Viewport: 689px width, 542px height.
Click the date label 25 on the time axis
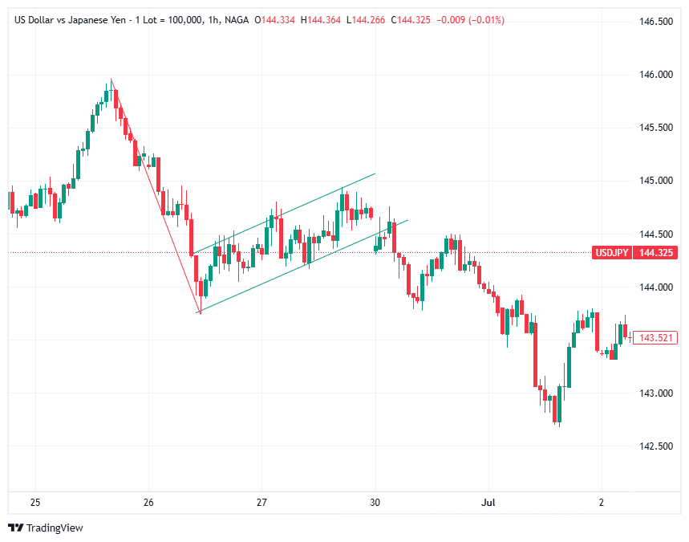tap(35, 503)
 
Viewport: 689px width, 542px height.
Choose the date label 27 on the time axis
tap(262, 503)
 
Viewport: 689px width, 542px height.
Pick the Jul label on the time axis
tap(488, 503)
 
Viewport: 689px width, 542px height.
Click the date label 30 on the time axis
tap(375, 503)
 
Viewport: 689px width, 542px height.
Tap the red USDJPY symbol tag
tap(610, 253)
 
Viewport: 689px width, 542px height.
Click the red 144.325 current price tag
tap(655, 253)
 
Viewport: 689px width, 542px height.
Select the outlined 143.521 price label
tap(655, 338)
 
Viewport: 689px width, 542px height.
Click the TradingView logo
tap(46, 528)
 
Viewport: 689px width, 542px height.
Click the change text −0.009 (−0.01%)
tap(470, 19)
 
